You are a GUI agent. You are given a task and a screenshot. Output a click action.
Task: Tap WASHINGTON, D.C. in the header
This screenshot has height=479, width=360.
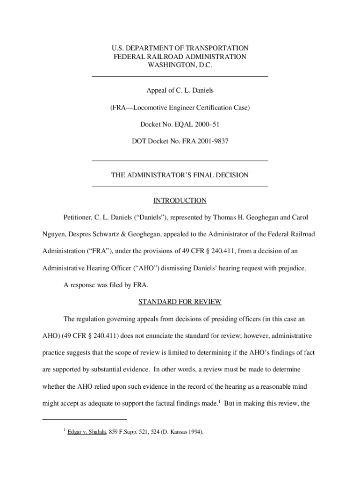point(180,65)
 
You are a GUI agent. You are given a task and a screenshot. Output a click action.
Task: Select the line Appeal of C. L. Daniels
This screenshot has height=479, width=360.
point(180,90)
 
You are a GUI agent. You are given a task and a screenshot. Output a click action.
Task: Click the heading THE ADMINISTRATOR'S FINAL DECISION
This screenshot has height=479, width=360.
point(180,175)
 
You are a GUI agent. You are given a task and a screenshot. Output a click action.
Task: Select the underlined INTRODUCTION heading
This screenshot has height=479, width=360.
point(180,201)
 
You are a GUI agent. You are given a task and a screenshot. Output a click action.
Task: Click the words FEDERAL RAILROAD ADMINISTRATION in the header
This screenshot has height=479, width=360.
point(180,57)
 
